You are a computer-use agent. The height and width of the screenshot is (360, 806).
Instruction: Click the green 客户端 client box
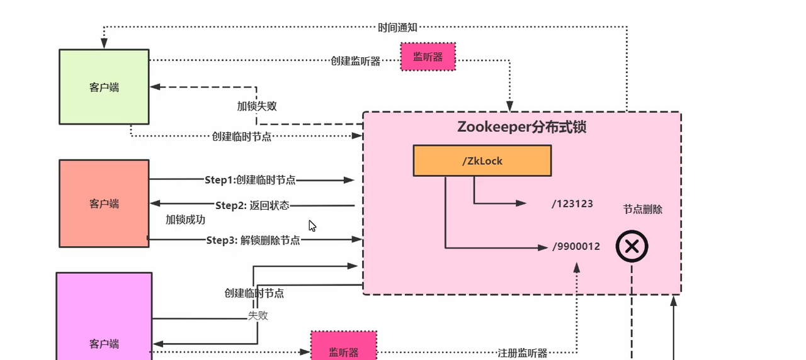click(104, 87)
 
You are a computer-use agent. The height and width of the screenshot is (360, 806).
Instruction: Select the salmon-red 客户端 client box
click(104, 203)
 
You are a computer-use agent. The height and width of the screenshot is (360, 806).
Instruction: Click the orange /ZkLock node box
click(482, 160)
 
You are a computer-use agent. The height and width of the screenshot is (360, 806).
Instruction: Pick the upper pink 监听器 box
click(428, 57)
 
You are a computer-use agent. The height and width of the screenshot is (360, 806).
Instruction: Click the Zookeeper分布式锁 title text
click(521, 127)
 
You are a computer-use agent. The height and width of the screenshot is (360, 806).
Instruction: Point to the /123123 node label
click(572, 204)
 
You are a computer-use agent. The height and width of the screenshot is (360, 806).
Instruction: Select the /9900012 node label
click(576, 247)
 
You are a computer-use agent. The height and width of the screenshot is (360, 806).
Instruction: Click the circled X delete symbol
click(632, 247)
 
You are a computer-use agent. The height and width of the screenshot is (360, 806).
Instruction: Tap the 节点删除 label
click(642, 210)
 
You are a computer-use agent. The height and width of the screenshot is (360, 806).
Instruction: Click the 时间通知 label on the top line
click(397, 27)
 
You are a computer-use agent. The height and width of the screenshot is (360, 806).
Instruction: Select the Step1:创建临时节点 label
click(250, 180)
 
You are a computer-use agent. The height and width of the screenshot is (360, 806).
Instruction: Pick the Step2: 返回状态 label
click(252, 205)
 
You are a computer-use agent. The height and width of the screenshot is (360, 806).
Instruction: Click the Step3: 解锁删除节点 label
click(253, 240)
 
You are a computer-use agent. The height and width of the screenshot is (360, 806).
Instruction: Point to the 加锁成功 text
click(185, 220)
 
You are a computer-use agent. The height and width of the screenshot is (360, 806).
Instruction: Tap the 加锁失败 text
click(256, 106)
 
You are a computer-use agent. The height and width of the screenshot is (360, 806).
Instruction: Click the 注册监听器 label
click(522, 353)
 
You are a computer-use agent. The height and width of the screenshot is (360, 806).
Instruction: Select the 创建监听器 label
click(356, 61)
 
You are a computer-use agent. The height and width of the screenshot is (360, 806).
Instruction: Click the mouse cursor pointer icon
click(312, 226)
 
